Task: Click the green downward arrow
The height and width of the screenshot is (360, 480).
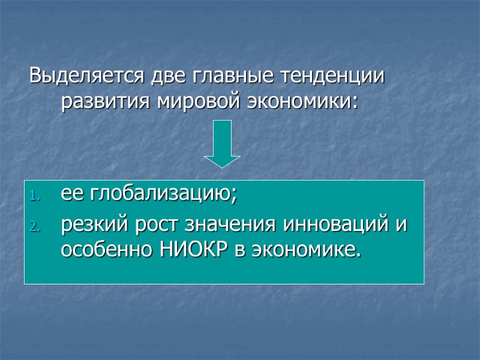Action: pyautogui.click(x=222, y=144)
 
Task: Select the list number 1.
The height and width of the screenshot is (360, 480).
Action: pyautogui.click(x=34, y=196)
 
